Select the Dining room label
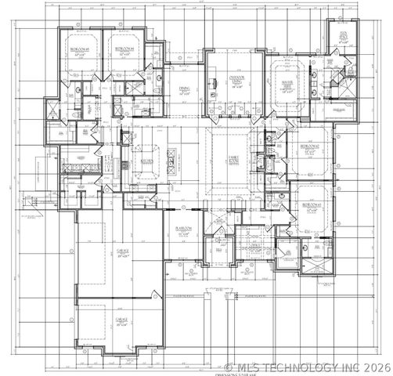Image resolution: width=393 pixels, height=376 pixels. [x=185, y=91]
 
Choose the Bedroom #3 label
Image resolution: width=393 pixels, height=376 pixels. [x=312, y=207]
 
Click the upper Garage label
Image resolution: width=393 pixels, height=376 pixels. [x=121, y=251]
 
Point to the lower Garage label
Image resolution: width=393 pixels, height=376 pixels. [x=121, y=320]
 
